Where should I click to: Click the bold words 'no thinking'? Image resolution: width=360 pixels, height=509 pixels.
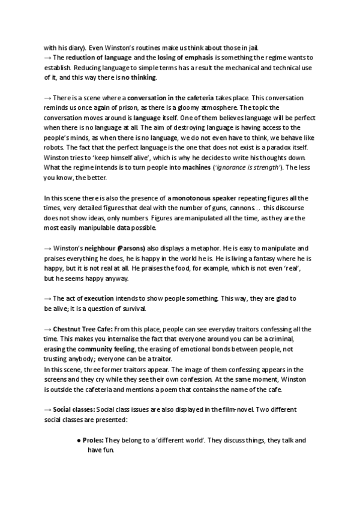139,77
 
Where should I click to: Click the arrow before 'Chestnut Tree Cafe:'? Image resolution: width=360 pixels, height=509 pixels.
48,329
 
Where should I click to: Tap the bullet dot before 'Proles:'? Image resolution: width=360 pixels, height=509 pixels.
80,441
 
